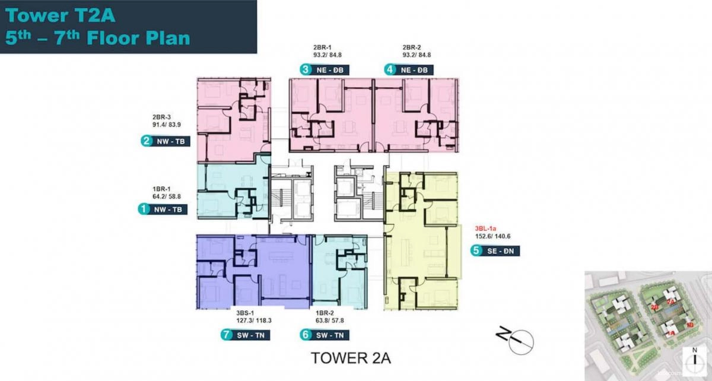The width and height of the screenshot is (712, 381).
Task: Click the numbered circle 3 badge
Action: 306,69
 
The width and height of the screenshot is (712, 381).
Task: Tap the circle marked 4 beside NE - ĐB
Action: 390,69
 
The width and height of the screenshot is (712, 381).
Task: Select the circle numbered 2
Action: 145,141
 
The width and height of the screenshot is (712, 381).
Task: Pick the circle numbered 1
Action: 143,209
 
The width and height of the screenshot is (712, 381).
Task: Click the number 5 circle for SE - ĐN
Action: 476,251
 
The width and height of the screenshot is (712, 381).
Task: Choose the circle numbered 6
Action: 306,335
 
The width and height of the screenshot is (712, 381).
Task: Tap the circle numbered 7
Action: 226,335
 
